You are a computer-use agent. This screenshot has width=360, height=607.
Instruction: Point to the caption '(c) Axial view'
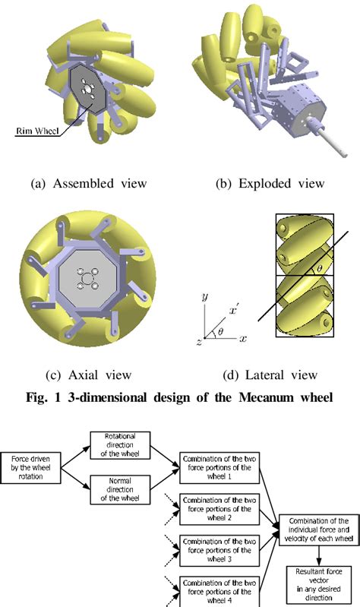[x=89, y=375]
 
